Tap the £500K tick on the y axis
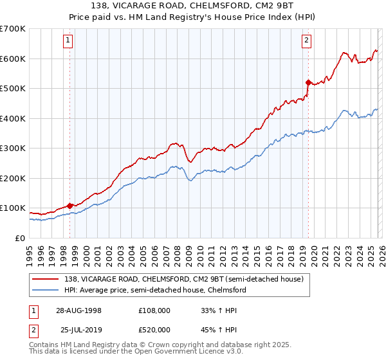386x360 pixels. click(12, 89)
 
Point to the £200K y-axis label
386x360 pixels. click(12, 178)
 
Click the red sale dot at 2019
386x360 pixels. click(308, 82)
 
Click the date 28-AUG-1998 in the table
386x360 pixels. click(78, 310)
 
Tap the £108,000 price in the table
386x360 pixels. click(154, 310)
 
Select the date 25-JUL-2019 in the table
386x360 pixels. click(78, 330)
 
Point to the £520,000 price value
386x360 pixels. click(154, 330)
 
